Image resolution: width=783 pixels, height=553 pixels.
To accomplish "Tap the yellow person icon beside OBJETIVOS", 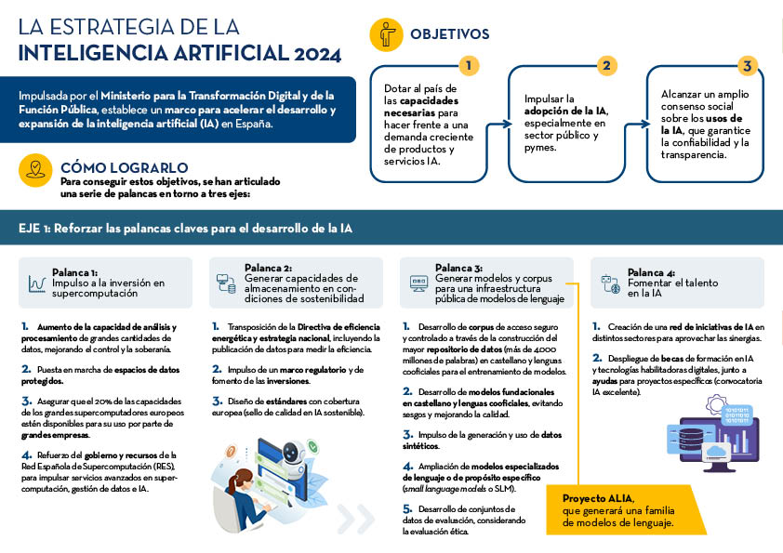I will point(386,34).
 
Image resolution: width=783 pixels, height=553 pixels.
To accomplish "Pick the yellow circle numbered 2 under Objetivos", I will point(606,65).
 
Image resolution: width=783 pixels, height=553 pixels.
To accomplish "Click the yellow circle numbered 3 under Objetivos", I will point(746,65).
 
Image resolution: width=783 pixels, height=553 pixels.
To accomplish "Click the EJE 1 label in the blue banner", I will point(37,228).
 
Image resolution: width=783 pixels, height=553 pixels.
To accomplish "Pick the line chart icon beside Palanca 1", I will point(37,283).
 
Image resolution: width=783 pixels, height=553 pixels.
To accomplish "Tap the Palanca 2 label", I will point(268,268).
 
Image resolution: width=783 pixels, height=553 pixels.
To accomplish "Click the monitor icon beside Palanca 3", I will point(418,282).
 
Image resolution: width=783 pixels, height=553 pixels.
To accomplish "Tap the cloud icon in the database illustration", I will point(716,453).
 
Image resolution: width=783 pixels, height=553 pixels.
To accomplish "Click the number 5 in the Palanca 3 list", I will point(406,509).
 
